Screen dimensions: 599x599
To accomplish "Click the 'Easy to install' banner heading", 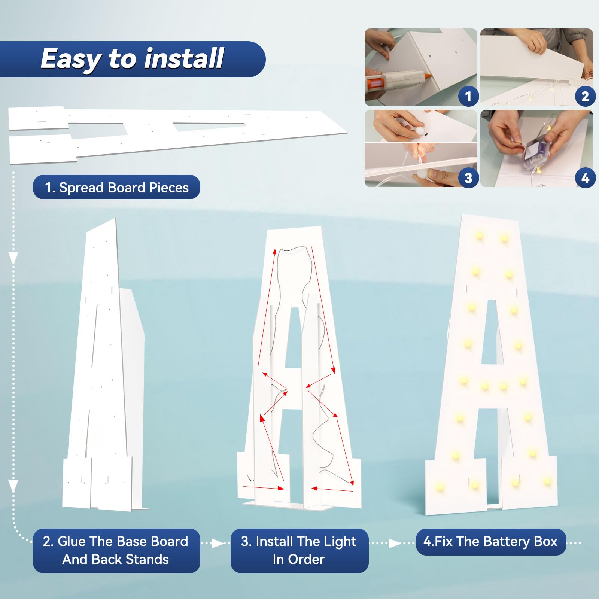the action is coord(132,59).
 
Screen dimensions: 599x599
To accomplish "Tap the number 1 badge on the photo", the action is coord(468,97).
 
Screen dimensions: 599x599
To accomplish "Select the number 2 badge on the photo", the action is coord(585,97).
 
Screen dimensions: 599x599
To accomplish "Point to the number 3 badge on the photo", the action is coord(468,178).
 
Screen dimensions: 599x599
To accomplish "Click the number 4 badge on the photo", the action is coord(585,178).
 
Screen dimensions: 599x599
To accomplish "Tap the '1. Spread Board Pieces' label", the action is coord(116,187).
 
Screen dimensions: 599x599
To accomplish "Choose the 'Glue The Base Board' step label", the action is coord(115,541).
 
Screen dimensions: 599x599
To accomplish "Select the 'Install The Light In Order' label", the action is coord(299,550).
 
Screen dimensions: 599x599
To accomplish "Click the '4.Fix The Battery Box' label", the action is coord(490,542).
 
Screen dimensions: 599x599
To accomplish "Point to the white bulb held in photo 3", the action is coord(419,132).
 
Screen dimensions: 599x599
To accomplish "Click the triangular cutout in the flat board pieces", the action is coord(208,127).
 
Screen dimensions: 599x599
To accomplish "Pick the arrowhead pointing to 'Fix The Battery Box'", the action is coord(395,543).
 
